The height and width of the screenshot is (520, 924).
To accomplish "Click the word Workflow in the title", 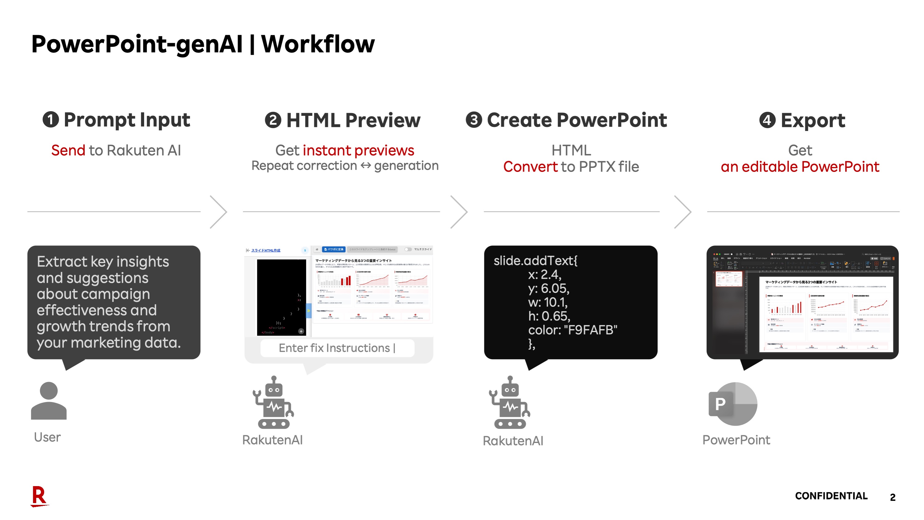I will [x=317, y=44].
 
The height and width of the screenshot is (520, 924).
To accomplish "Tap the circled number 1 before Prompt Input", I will [x=50, y=120].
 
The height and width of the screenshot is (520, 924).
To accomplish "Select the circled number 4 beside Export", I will [x=767, y=120].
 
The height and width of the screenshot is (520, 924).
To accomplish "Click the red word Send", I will [x=68, y=150].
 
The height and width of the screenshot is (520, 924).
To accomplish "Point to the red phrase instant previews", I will [x=358, y=150].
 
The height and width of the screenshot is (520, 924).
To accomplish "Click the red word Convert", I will [x=530, y=167].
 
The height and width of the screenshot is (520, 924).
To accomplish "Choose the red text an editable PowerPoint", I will [x=800, y=167].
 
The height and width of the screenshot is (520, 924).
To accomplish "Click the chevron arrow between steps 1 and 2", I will [x=219, y=212].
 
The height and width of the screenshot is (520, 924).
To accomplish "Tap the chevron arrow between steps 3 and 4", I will [x=683, y=212].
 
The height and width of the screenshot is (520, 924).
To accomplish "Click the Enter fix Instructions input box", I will [x=337, y=348].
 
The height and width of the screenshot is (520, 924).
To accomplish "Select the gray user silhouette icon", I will [x=49, y=400].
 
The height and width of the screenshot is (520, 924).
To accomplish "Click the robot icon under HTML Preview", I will [x=273, y=403].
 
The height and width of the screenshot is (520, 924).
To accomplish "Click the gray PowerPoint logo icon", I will [x=733, y=404].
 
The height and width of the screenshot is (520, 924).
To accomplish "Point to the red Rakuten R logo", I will [x=39, y=496].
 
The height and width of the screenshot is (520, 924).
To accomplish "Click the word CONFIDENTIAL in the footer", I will [x=831, y=496].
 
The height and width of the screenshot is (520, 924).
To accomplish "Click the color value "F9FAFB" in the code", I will [x=591, y=330].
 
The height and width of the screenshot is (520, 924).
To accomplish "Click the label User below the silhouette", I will [x=47, y=437].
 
